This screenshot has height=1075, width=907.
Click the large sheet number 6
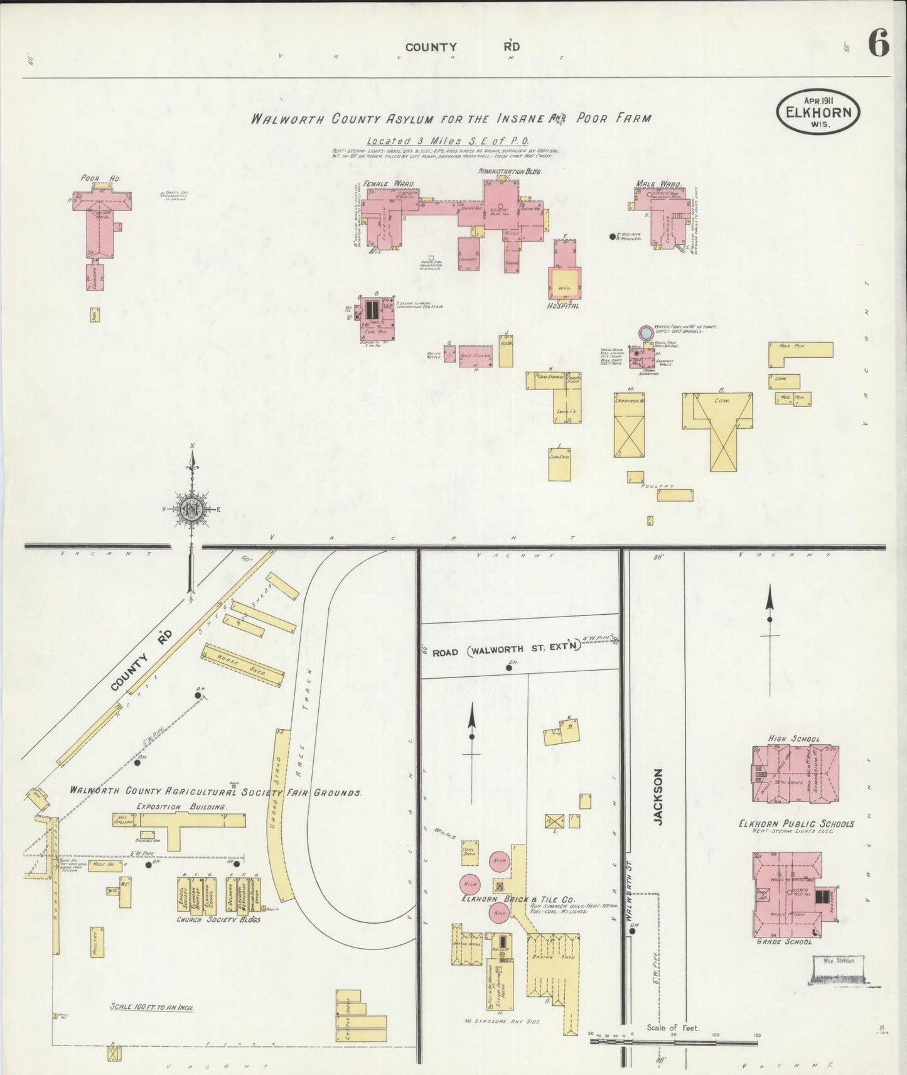point(878,45)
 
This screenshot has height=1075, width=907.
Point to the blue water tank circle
point(645,332)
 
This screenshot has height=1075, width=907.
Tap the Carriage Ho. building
point(629,426)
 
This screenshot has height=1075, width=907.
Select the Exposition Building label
point(181,806)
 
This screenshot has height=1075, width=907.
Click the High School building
point(794,773)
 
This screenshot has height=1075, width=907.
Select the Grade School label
point(785,941)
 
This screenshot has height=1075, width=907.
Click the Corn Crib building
point(559,465)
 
